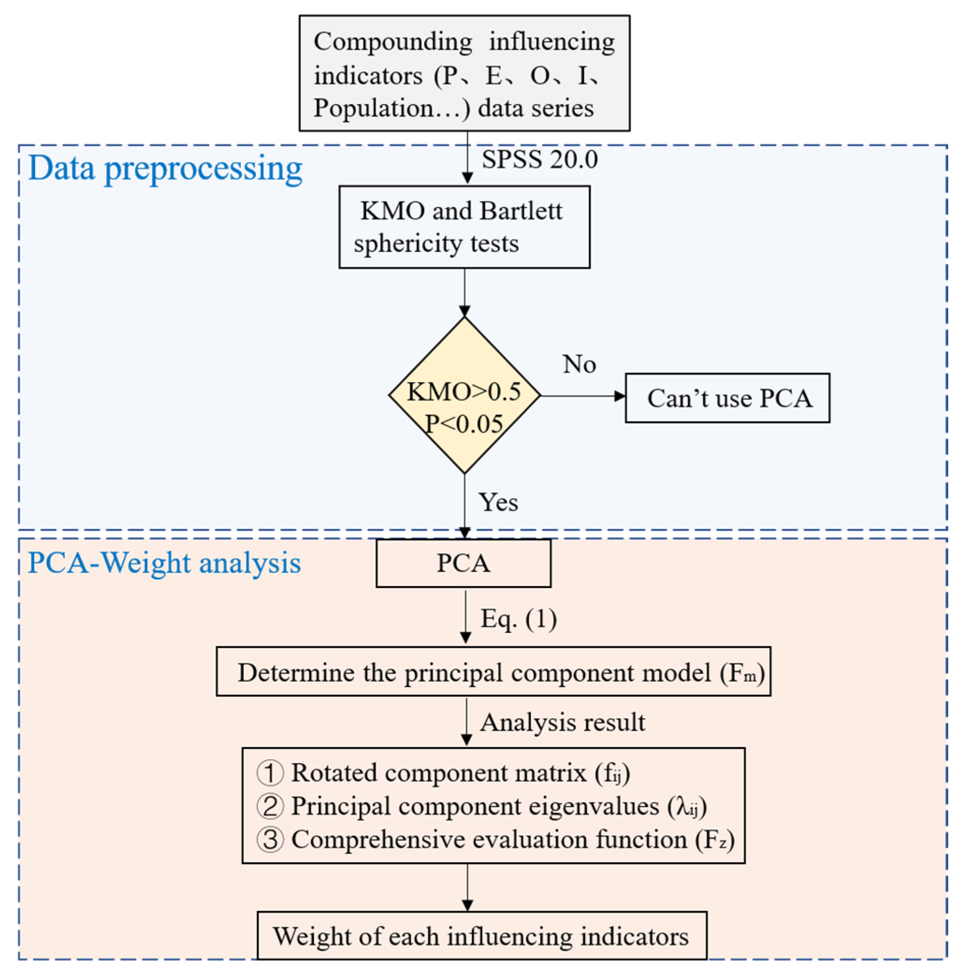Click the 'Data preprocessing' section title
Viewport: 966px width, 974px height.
tap(165, 169)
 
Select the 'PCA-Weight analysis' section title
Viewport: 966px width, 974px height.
tap(164, 563)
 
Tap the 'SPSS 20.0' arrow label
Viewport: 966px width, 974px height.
tap(540, 160)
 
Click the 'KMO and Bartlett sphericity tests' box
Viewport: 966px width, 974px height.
tap(464, 227)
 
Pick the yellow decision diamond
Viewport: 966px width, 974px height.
tap(464, 395)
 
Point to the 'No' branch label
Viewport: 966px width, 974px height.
tap(579, 364)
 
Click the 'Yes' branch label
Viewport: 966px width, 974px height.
tap(498, 502)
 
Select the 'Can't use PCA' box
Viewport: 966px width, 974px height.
tap(728, 398)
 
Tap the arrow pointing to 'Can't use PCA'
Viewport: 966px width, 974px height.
tap(583, 396)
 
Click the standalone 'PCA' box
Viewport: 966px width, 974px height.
tap(463, 563)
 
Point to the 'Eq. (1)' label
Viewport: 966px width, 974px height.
tap(519, 618)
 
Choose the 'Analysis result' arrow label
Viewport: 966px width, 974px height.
tap(562, 722)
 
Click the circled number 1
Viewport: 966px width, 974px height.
tap(271, 773)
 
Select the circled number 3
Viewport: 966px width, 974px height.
tap(271, 839)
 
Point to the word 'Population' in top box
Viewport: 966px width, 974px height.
tap(373, 108)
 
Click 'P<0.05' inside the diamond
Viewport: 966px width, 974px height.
tap(464, 423)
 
